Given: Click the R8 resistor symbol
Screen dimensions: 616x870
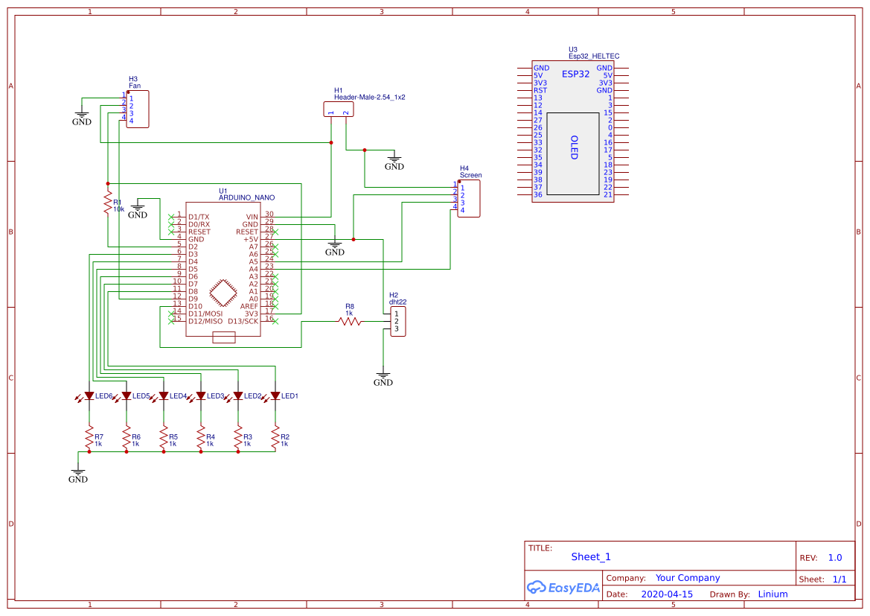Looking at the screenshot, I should pos(350,321).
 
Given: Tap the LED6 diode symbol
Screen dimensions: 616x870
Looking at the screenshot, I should pos(89,396).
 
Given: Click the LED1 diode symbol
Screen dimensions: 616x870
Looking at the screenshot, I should pos(275,396).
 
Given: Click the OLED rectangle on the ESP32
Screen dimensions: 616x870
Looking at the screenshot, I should pos(573,154).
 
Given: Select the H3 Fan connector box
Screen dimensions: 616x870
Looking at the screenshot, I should pos(138,109).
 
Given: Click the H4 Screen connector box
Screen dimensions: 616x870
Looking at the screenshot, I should pos(469,198).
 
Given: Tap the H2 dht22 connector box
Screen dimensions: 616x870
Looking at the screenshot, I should pos(398,321).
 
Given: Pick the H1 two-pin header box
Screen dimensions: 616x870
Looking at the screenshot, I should pos(338,109).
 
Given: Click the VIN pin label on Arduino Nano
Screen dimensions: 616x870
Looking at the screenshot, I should pos(252,217).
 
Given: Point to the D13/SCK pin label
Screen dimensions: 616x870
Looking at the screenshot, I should pos(243,321).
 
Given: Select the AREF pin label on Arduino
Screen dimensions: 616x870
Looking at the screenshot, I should pos(249,306).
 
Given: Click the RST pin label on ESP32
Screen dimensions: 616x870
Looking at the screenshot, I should pos(540,90).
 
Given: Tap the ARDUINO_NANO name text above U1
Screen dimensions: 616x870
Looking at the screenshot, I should pos(246,198).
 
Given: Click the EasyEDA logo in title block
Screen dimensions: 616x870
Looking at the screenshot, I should pos(563,587).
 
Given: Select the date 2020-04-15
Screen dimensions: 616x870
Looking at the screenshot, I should pos(667,594).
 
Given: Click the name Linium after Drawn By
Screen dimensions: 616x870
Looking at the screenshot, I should pos(773,594).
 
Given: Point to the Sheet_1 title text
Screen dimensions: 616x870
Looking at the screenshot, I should pos(591,556).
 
